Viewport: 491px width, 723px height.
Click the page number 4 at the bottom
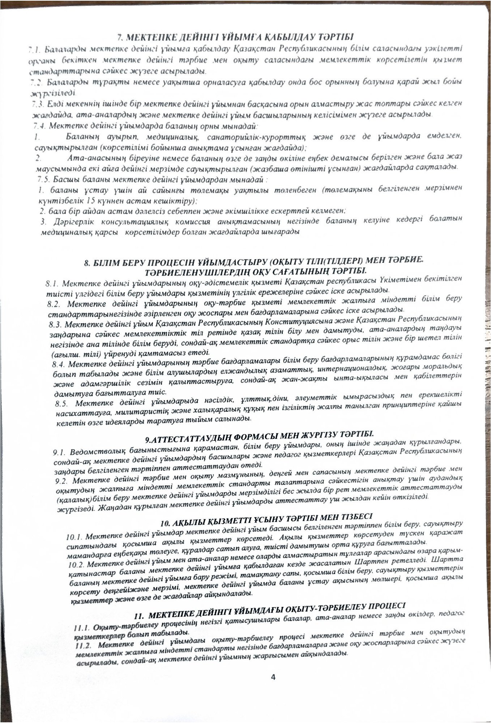point(273,677)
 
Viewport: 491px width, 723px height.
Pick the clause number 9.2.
point(63,481)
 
